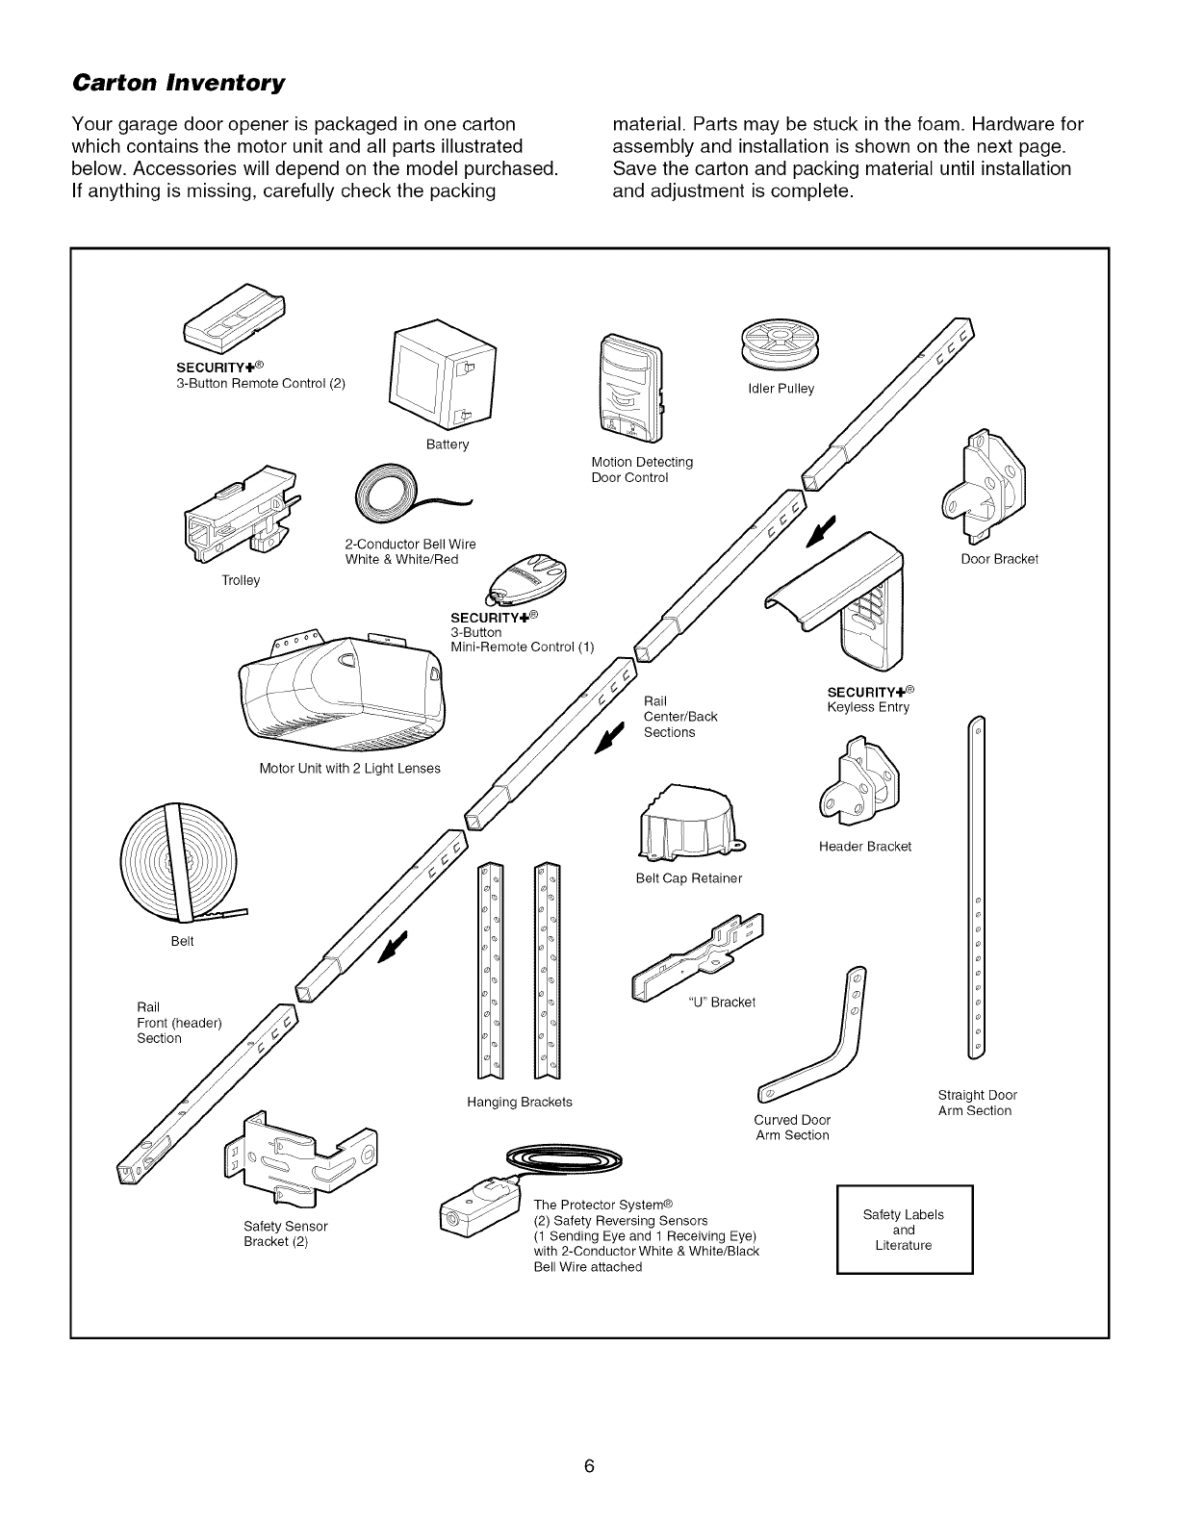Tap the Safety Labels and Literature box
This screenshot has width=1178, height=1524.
click(904, 1230)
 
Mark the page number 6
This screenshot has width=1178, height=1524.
click(589, 1440)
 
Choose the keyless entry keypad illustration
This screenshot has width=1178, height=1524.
click(847, 601)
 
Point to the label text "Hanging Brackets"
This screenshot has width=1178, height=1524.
click(520, 1102)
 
